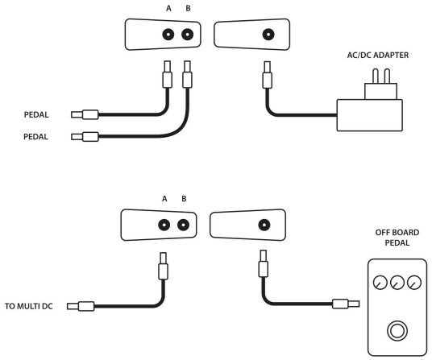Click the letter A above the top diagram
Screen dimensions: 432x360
point(168,9)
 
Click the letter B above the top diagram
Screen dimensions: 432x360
point(188,9)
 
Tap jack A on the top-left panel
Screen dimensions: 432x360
point(168,35)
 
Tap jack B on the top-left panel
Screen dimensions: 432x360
point(187,35)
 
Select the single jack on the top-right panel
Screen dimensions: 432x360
point(268,35)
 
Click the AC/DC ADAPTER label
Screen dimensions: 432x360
point(378,56)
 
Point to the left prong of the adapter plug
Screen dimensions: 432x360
point(376,77)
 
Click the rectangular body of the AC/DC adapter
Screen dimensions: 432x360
point(369,115)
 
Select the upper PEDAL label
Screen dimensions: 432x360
point(36,115)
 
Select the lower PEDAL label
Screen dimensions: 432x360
point(35,137)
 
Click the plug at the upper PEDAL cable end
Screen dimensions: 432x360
point(85,114)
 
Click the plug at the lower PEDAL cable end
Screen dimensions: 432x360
point(85,137)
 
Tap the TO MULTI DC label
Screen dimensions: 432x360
point(29,306)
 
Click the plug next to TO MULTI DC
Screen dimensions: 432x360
point(81,306)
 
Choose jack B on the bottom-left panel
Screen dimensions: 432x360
point(183,226)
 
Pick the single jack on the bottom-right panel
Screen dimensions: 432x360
point(264,226)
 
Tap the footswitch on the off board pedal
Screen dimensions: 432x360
point(397,331)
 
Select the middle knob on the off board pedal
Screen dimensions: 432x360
point(397,283)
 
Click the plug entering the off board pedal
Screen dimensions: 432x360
point(346,304)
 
